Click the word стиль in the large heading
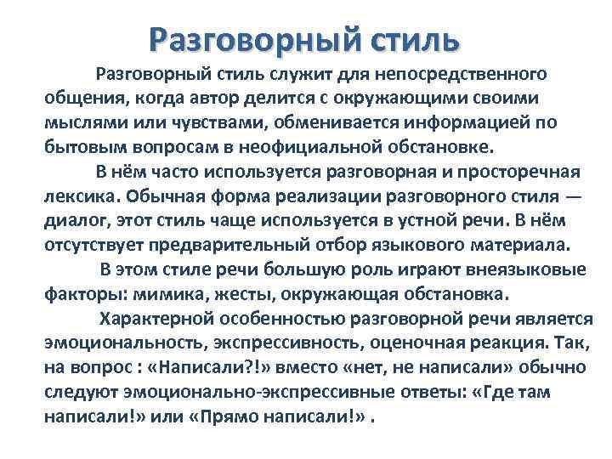pos(410,38)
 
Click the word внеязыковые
pos(527,271)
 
